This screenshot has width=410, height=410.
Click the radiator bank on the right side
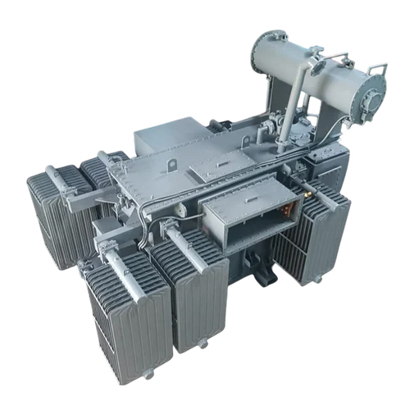[x=316, y=234]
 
